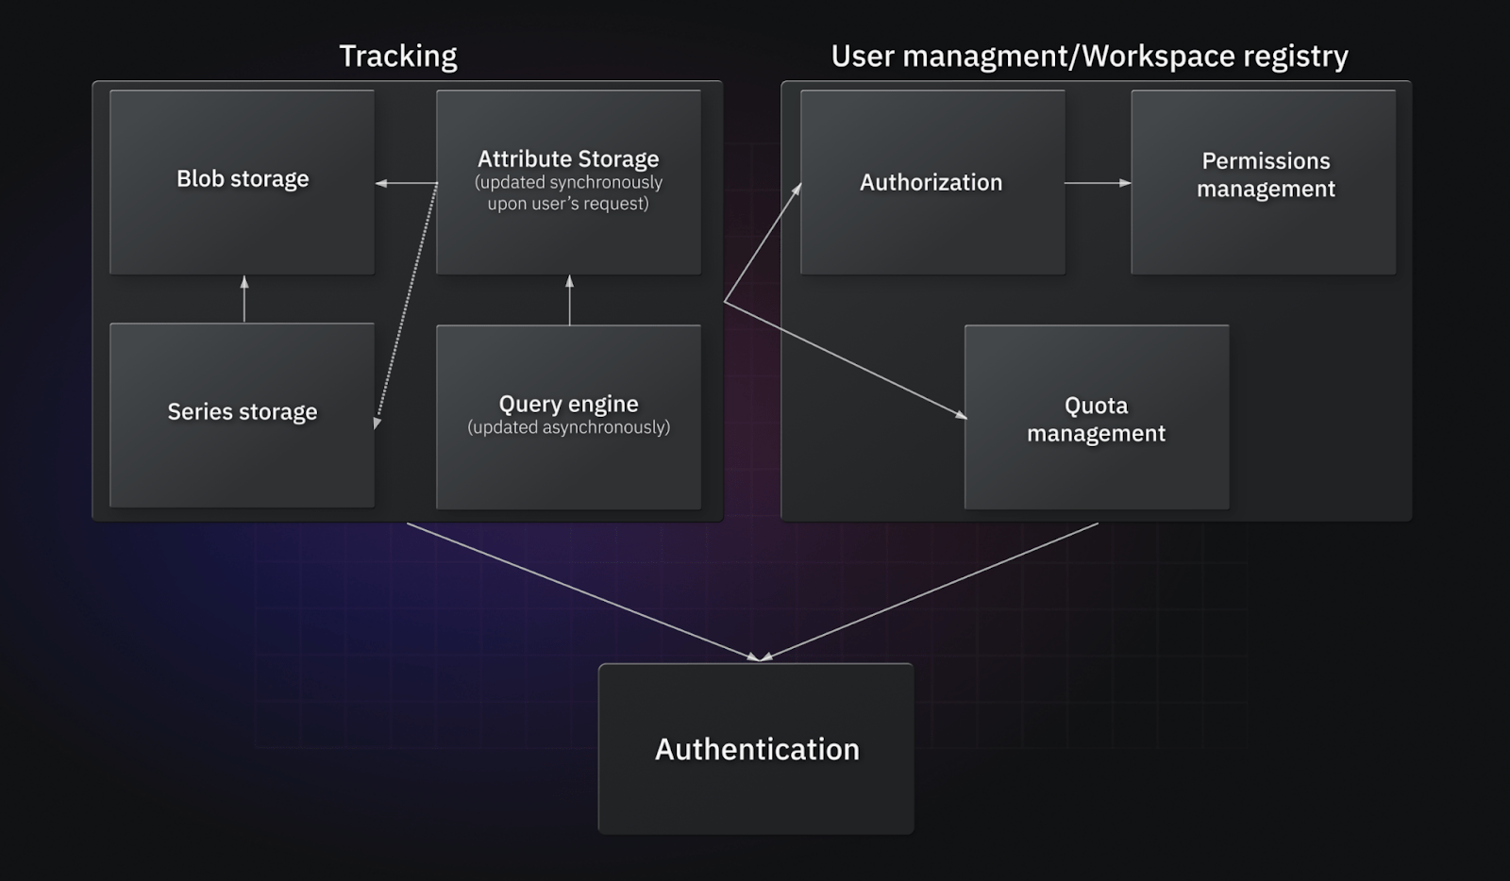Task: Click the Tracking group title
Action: [x=397, y=57]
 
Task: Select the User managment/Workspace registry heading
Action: [x=1089, y=57]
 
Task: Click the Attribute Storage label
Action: [x=568, y=158]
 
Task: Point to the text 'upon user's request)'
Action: [x=568, y=204]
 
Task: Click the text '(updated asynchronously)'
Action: [x=568, y=427]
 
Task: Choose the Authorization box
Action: [x=932, y=226]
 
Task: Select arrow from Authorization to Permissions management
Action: [x=1098, y=183]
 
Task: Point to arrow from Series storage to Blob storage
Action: [x=244, y=300]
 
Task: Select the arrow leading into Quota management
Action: [x=845, y=359]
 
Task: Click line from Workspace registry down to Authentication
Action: [x=930, y=591]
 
